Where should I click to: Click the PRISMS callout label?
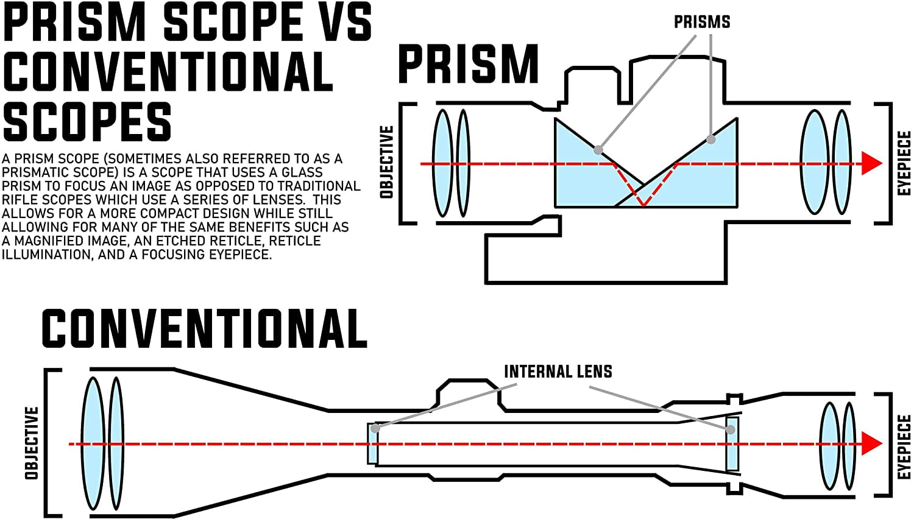pyautogui.click(x=702, y=23)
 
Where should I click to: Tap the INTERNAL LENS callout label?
pyautogui.click(x=558, y=372)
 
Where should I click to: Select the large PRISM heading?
pyautogui.click(x=468, y=65)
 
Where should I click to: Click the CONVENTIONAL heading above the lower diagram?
pyautogui.click(x=204, y=329)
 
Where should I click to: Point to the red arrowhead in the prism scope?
pyautogui.click(x=872, y=164)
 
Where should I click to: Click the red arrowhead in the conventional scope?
pyautogui.click(x=872, y=444)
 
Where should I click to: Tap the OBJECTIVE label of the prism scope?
pyautogui.click(x=386, y=162)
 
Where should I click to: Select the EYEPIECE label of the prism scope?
pyautogui.click(x=904, y=163)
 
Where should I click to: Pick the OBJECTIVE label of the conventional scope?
pyautogui.click(x=32, y=443)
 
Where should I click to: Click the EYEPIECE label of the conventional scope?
pyautogui.click(x=904, y=447)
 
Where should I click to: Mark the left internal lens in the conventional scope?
pyautogui.click(x=372, y=443)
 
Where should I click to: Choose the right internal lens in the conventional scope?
pyautogui.click(x=732, y=443)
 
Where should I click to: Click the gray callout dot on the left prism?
pyautogui.click(x=598, y=150)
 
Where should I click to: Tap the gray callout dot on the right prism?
pyautogui.click(x=710, y=139)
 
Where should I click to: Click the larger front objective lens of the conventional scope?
pyautogui.click(x=94, y=443)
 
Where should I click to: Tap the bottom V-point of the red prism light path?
pyautogui.click(x=643, y=205)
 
